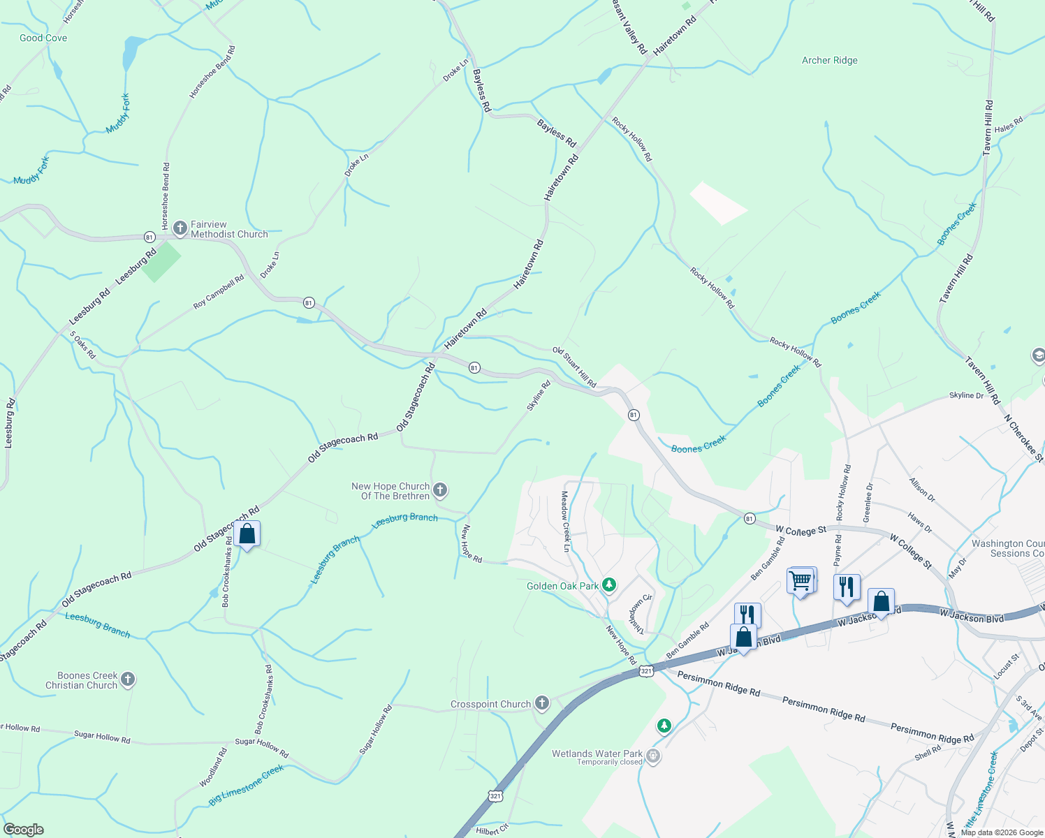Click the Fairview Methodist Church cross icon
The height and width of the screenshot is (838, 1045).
180,228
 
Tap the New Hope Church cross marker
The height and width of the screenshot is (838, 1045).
440,490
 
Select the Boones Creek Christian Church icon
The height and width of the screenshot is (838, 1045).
127,679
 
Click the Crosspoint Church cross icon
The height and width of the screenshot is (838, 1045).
542,703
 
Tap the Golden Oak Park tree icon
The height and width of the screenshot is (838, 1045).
609,585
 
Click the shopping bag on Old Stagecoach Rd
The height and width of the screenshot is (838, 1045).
247,534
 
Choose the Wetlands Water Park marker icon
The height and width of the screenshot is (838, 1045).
653,756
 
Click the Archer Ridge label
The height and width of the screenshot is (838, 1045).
829,61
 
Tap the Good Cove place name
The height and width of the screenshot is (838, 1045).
43,38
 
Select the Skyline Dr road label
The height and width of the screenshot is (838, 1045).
966,395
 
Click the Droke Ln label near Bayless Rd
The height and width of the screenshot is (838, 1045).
455,71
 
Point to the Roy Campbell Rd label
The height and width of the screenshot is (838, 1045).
219,292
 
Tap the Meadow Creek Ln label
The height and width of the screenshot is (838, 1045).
566,521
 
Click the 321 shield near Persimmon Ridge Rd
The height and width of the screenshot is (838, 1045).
645,671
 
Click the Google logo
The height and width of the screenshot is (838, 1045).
24,830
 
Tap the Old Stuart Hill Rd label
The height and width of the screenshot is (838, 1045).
574,367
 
